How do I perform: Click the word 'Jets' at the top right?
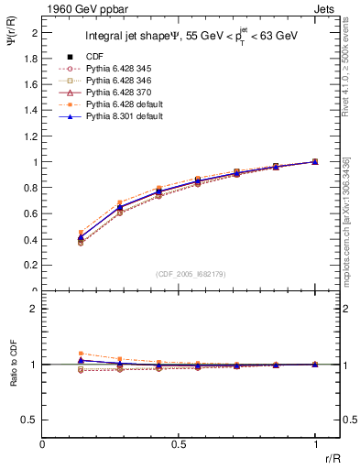coord(325,8)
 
